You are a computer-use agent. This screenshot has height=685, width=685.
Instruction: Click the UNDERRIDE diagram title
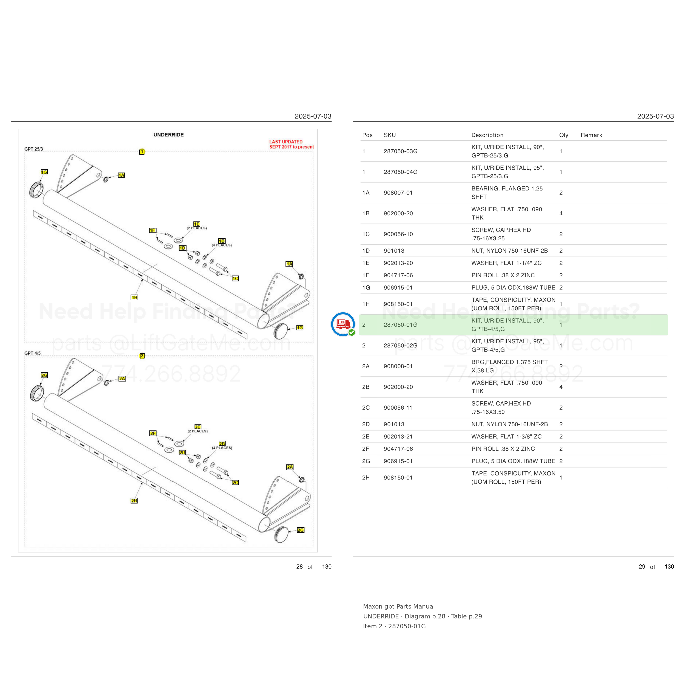point(169,135)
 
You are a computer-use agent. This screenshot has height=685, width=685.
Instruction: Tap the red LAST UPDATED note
point(292,144)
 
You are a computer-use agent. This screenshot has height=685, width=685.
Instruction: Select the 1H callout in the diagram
point(134,298)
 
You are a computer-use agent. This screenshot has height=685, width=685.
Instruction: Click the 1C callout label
point(235,278)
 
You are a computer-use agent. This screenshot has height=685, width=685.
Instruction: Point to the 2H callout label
point(134,501)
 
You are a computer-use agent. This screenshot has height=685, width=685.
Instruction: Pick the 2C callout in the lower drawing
point(235,483)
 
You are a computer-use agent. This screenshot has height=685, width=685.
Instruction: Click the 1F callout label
point(152,230)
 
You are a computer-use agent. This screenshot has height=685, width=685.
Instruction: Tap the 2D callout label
point(182,452)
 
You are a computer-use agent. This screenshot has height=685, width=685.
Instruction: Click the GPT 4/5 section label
point(33,353)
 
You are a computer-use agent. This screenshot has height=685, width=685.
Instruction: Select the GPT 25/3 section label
point(34,149)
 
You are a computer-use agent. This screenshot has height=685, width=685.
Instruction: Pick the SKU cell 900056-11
point(398,408)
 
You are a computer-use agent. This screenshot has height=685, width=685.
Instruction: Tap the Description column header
point(487,135)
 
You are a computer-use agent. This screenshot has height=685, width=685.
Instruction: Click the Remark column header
point(591,135)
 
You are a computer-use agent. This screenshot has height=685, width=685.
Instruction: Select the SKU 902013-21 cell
point(398,436)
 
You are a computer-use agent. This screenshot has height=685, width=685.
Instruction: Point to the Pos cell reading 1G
point(366,287)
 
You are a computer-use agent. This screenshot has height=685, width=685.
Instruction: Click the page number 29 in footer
point(642,567)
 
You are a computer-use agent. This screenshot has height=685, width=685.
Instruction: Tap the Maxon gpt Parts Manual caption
point(398,606)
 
